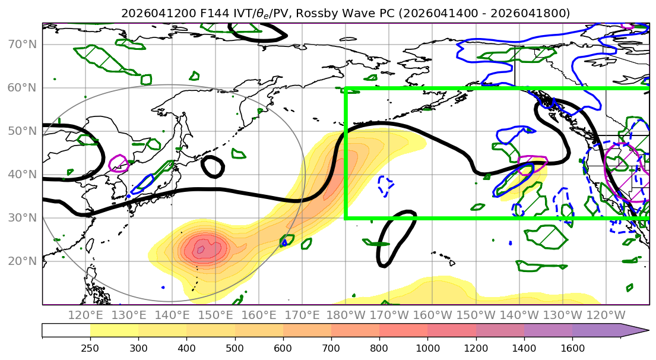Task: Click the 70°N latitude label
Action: coord(22,45)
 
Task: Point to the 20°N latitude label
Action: coord(22,261)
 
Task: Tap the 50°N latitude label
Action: coord(22,131)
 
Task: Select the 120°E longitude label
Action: coord(86,315)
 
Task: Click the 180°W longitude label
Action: coord(346,315)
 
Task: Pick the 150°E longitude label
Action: coord(216,315)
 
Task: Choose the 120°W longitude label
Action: coord(606,315)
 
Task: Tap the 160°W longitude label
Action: coord(433,315)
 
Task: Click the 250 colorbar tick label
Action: coord(90,348)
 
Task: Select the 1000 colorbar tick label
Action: coord(427,348)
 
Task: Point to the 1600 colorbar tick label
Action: coord(572,348)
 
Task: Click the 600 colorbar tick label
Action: coord(283,348)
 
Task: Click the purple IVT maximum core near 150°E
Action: coord(201,250)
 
